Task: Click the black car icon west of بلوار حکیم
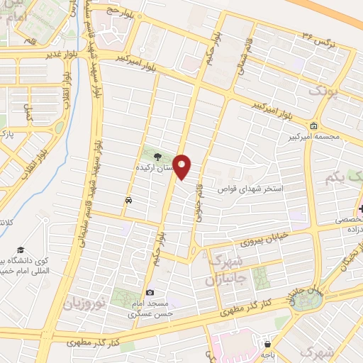click(128, 201)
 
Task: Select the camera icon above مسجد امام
click(150, 292)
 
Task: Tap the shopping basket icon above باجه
click(266, 345)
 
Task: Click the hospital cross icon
click(359, 208)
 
